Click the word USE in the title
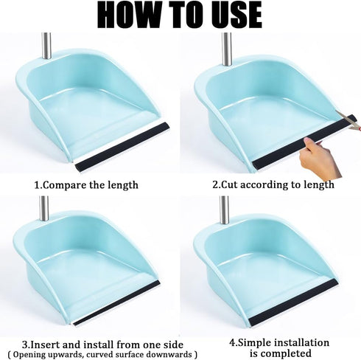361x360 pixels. [231, 15]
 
